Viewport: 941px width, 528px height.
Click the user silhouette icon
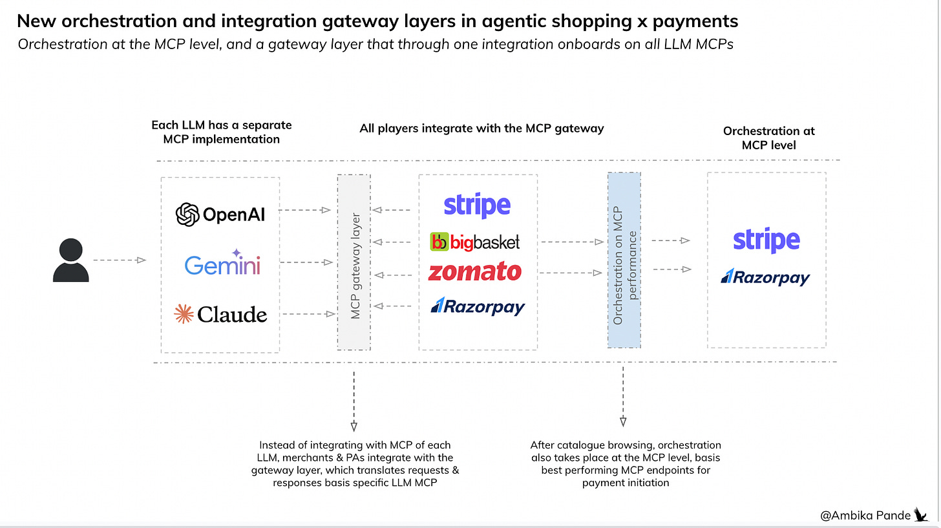(70, 260)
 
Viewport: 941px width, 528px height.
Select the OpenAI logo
(220, 215)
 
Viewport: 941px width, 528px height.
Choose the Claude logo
(220, 315)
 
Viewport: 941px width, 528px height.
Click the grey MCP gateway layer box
(354, 262)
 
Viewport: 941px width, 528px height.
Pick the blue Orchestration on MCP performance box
(624, 260)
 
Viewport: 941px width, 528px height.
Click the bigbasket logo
(475, 242)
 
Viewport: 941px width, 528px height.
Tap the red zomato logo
(475, 272)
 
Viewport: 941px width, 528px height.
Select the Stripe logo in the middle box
(477, 206)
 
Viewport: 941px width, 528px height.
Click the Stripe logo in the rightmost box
(767, 240)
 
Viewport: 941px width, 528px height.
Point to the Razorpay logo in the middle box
(478, 306)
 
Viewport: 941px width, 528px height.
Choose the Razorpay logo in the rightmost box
(766, 277)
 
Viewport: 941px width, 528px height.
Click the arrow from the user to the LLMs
(120, 260)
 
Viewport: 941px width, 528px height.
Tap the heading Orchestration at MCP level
(769, 138)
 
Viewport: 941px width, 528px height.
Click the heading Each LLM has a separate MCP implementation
(222, 131)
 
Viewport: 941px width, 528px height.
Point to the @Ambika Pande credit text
(865, 515)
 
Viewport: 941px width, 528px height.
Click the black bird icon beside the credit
(920, 514)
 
